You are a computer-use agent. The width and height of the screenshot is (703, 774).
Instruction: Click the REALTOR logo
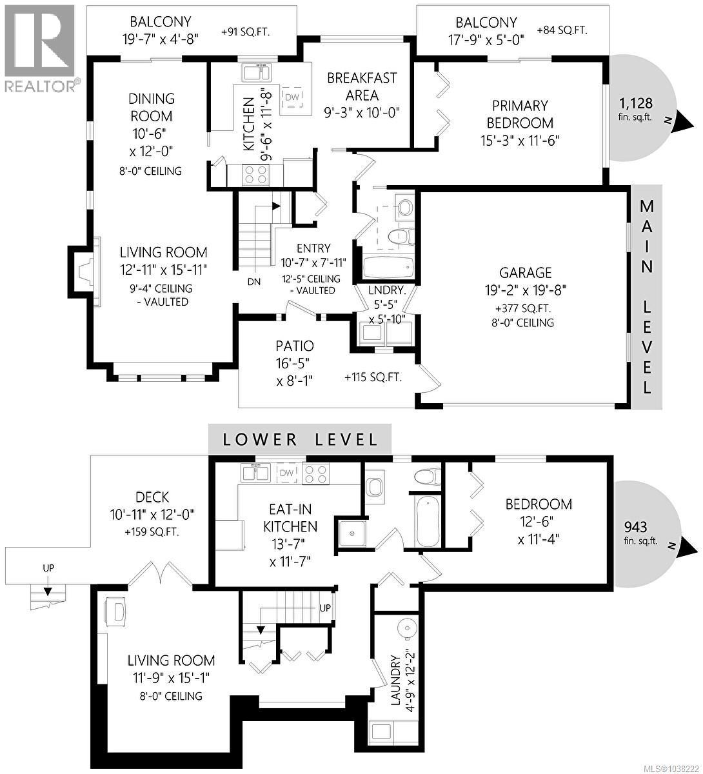40,48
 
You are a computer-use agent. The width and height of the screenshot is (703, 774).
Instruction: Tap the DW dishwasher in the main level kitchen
292,97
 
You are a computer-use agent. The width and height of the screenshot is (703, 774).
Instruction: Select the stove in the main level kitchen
256,174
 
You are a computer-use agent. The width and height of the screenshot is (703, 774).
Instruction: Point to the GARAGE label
525,273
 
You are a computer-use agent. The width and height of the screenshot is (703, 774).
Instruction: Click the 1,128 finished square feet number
635,103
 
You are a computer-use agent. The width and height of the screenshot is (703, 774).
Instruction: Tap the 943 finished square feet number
635,527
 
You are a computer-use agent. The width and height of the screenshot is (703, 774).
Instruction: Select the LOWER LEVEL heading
300,439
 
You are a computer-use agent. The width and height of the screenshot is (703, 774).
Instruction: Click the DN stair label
254,282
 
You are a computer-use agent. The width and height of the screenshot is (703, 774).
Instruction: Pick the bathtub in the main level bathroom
389,266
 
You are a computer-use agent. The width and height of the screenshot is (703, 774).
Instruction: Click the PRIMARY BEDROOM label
520,114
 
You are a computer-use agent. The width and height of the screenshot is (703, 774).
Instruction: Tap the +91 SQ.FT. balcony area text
245,32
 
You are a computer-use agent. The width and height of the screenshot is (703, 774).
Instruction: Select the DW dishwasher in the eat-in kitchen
286,473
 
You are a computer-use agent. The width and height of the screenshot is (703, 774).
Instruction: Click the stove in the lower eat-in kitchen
315,473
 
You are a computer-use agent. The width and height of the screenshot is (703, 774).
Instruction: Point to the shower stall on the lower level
352,533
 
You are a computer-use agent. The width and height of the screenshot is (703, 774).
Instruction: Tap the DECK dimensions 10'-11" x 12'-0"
152,514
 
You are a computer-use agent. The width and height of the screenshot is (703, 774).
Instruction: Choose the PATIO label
294,346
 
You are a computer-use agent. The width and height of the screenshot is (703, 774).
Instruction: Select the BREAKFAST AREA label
362,86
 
